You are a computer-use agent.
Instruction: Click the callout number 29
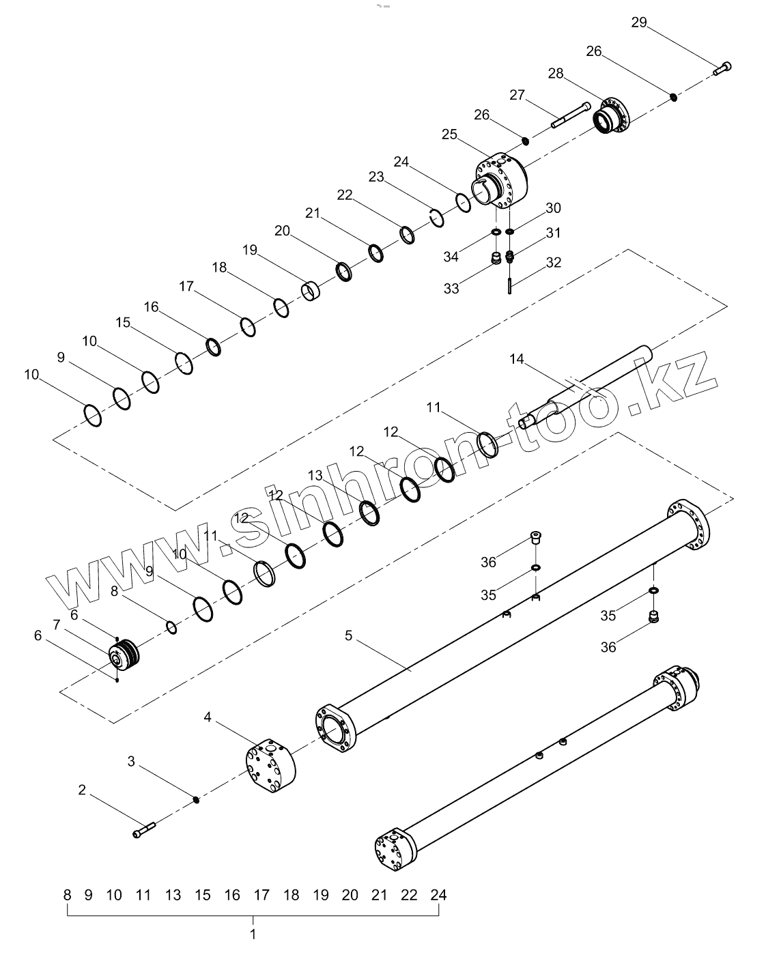click(x=638, y=23)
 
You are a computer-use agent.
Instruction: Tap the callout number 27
click(x=517, y=95)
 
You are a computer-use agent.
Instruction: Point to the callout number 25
click(x=449, y=134)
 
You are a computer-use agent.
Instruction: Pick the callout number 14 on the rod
click(x=517, y=359)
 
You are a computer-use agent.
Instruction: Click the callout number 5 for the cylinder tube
click(x=348, y=635)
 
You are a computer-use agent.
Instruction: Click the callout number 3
click(x=132, y=761)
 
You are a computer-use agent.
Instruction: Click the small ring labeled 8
click(x=172, y=627)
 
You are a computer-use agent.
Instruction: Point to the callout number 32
click(x=553, y=262)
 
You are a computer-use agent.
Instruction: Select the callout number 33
click(x=451, y=288)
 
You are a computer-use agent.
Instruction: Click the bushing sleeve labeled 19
click(x=311, y=292)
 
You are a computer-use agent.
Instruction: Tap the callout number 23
click(x=377, y=177)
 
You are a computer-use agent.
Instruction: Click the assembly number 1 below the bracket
click(x=253, y=934)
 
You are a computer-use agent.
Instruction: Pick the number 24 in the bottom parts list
click(x=438, y=895)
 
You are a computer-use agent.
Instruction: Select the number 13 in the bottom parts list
click(x=173, y=895)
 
